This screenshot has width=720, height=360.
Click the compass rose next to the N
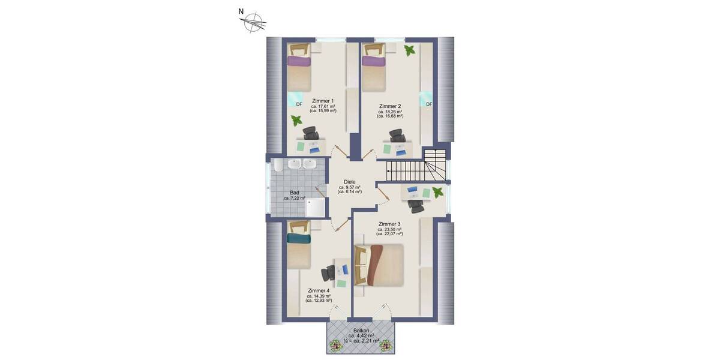254,22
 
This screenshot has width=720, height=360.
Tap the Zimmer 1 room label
323,101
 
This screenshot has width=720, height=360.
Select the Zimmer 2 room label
390,106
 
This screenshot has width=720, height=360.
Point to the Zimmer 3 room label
389,224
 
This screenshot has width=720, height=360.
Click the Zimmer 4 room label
319,290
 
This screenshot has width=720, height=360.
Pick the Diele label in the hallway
349,182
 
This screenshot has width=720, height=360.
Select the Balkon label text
361,330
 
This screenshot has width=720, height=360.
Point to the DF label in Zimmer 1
299,104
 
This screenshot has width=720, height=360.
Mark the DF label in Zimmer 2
429,104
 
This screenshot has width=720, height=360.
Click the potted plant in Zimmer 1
296,121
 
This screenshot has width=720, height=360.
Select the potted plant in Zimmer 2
410,50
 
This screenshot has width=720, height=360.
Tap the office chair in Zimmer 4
329,274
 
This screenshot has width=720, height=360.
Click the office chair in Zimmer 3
415,205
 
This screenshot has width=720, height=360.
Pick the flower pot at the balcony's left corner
334,346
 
